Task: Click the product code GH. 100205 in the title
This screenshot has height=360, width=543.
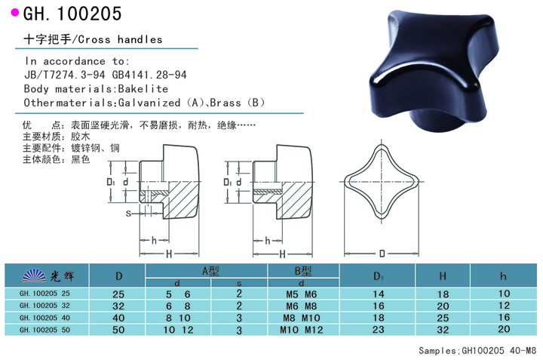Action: click(72, 14)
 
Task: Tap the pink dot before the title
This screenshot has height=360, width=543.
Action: click(15, 13)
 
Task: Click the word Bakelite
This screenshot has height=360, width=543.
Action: click(143, 89)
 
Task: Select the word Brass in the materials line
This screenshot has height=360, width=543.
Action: click(225, 103)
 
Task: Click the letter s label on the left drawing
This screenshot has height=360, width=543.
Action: click(128, 214)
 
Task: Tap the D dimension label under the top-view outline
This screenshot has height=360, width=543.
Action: click(382, 254)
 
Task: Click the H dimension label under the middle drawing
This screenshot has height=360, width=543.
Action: click(283, 254)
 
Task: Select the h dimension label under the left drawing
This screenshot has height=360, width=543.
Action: click(154, 240)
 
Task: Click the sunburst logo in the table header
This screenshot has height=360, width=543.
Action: click(34, 275)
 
